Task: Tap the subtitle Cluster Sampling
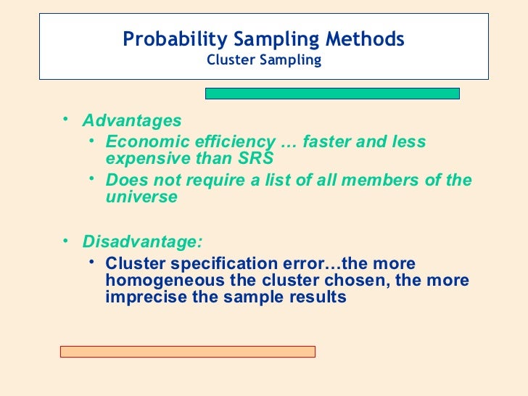(263, 60)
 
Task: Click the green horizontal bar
(332, 93)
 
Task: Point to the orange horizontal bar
(187, 351)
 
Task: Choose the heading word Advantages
(131, 120)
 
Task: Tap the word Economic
(142, 141)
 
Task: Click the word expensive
(146, 158)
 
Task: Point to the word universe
(141, 197)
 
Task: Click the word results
(317, 297)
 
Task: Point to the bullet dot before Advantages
(65, 117)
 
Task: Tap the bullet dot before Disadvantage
(65, 239)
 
